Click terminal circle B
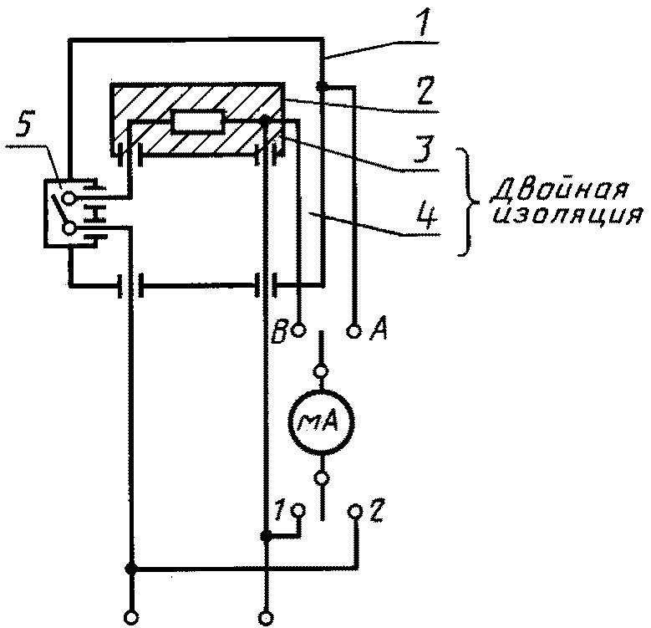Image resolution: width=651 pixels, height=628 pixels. pyautogui.click(x=299, y=330)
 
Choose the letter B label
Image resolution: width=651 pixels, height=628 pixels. pyautogui.click(x=279, y=331)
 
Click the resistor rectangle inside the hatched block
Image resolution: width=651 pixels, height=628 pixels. pyautogui.click(x=199, y=122)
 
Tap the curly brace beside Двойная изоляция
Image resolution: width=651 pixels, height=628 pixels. pyautogui.click(x=467, y=202)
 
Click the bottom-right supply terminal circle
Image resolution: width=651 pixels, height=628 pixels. pyautogui.click(x=266, y=618)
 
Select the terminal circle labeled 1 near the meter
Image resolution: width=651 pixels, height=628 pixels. pyautogui.click(x=299, y=509)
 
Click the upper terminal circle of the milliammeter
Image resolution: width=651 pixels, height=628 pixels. pyautogui.click(x=322, y=370)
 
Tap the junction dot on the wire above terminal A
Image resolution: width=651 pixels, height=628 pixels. pyautogui.click(x=321, y=86)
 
